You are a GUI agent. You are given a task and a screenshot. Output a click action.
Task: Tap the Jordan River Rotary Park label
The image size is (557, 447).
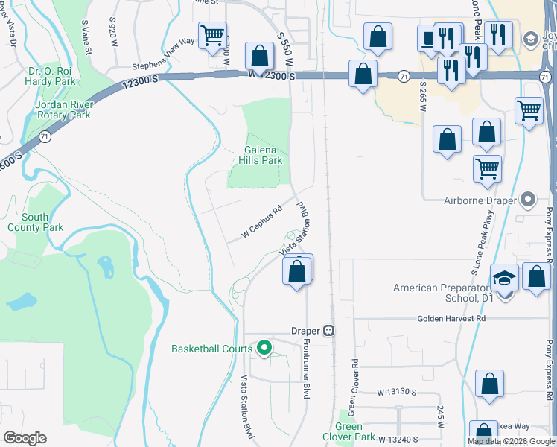point(63,110)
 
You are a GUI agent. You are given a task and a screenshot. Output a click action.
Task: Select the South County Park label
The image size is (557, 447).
point(35,222)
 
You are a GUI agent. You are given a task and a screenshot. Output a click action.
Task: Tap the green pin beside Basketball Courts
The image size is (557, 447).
point(264,348)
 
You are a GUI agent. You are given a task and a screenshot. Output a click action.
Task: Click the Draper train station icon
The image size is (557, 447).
point(328,331)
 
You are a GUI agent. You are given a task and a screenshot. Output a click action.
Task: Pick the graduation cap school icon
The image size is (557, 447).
point(504,279)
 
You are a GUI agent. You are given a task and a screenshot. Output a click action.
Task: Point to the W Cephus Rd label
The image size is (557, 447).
point(262,222)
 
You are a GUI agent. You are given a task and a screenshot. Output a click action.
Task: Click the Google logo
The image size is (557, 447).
point(25,438)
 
